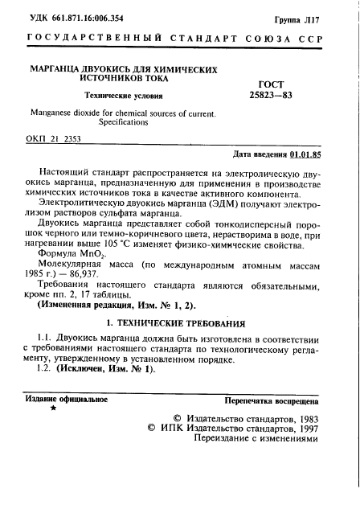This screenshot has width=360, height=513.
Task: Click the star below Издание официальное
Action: [54, 408]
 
